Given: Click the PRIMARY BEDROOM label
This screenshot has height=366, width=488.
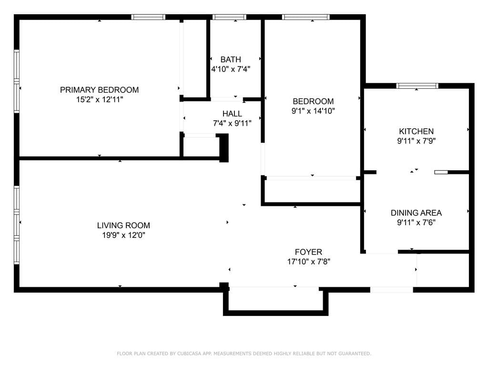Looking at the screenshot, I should pos(99,90).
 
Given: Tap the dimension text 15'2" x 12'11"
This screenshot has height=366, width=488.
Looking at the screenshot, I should pos(99,100).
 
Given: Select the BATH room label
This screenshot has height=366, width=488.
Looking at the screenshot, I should pos(231,60).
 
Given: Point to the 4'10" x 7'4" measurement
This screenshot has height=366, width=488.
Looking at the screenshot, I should pos(231,69).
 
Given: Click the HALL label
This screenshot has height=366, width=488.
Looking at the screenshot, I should pos(232,114).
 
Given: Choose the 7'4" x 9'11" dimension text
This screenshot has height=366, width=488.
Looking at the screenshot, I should pos(232,123).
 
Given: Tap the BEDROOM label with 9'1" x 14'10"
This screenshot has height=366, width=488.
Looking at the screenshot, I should pos(313,101).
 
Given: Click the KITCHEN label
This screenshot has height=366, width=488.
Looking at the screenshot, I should pos(416,131).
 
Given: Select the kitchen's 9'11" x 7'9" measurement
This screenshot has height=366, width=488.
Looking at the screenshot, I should pos(416,141).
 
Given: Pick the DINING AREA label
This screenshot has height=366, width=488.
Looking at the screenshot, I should pos(416,213).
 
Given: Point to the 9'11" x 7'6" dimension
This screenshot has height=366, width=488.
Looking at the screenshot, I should pos(416,223).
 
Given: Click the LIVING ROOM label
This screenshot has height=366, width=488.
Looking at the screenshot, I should pos(123,225).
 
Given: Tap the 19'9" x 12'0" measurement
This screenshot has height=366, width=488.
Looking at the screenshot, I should pos(123,235).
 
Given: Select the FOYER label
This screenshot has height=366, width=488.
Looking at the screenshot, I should pos(308,252).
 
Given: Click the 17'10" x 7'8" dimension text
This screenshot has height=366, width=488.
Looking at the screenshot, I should pos(308,262).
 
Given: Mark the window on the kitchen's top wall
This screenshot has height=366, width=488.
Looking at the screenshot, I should pos(417,86).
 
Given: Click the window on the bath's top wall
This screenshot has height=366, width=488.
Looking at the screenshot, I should pos(229,17).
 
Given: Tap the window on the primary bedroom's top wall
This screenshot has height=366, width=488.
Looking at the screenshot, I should pos(148,17).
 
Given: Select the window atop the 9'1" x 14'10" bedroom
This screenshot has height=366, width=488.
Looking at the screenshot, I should pos(305,17).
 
